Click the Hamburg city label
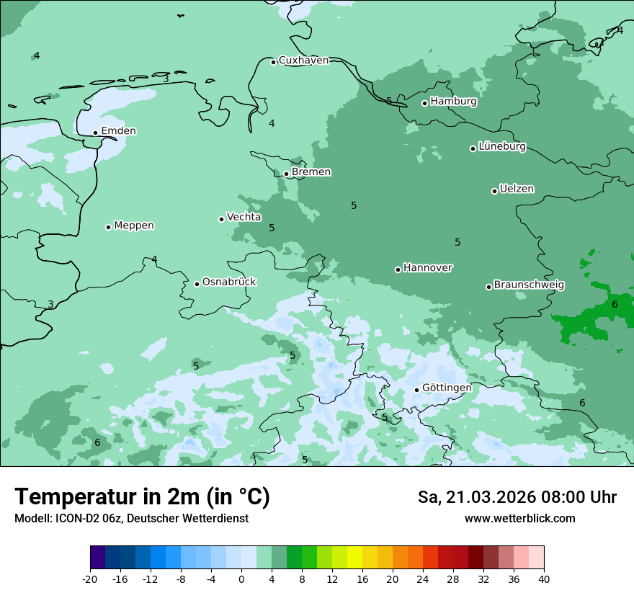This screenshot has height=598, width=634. click(x=453, y=102)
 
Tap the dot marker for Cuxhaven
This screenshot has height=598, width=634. click(x=273, y=62)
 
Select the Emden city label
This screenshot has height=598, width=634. click(x=118, y=131)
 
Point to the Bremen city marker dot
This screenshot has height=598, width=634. click(x=286, y=174)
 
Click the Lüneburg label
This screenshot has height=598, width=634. click(x=501, y=147)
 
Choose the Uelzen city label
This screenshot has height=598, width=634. click(x=517, y=189)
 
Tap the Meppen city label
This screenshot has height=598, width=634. click(x=134, y=226)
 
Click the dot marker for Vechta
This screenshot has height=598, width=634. click(x=221, y=219)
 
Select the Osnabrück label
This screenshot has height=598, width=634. click(x=229, y=282)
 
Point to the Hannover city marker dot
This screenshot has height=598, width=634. click(x=398, y=269)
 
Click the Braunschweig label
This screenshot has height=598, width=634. click(x=529, y=285)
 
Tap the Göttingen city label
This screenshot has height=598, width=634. click(x=447, y=388)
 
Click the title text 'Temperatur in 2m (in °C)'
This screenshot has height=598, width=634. click(x=143, y=497)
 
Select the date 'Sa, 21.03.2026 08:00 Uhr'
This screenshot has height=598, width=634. click(x=517, y=497)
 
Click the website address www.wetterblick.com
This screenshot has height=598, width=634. click(x=519, y=519)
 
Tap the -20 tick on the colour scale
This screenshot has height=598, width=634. click(x=90, y=579)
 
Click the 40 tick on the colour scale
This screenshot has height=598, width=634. click(x=544, y=579)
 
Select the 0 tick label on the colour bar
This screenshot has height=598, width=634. click(x=241, y=579)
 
